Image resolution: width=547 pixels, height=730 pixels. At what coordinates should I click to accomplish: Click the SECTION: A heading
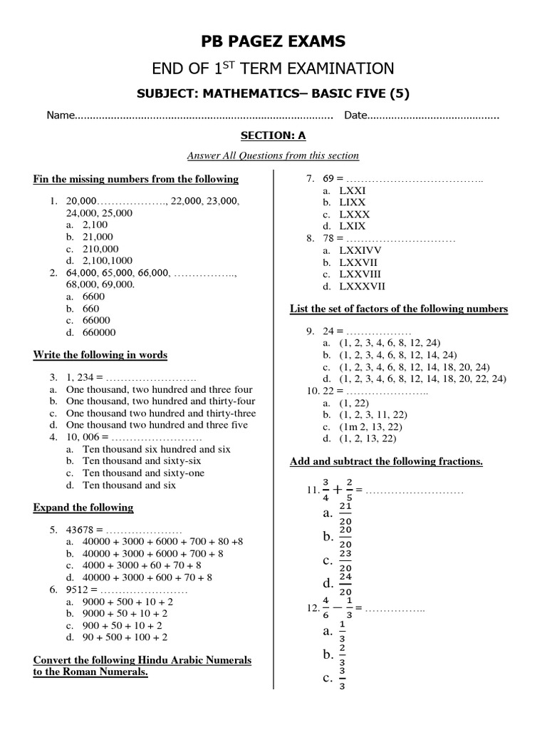click(x=273, y=135)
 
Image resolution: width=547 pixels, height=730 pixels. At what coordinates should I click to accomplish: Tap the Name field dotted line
click(x=204, y=115)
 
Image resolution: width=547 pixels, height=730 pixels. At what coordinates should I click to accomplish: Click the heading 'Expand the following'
click(x=83, y=508)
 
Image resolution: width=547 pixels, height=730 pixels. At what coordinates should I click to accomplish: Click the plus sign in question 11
click(x=334, y=490)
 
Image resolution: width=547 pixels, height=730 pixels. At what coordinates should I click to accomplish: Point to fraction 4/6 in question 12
click(x=325, y=608)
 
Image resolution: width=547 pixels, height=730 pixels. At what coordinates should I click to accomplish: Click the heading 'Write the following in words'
click(x=100, y=355)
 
